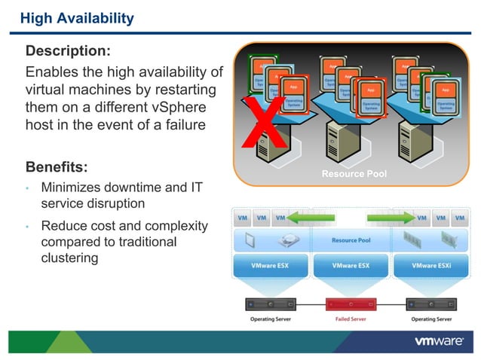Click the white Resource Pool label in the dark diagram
tap(354, 174)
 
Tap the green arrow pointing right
tap(388, 218)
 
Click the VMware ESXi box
tap(433, 265)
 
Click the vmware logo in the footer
tap(439, 341)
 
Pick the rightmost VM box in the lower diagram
tap(460, 218)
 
